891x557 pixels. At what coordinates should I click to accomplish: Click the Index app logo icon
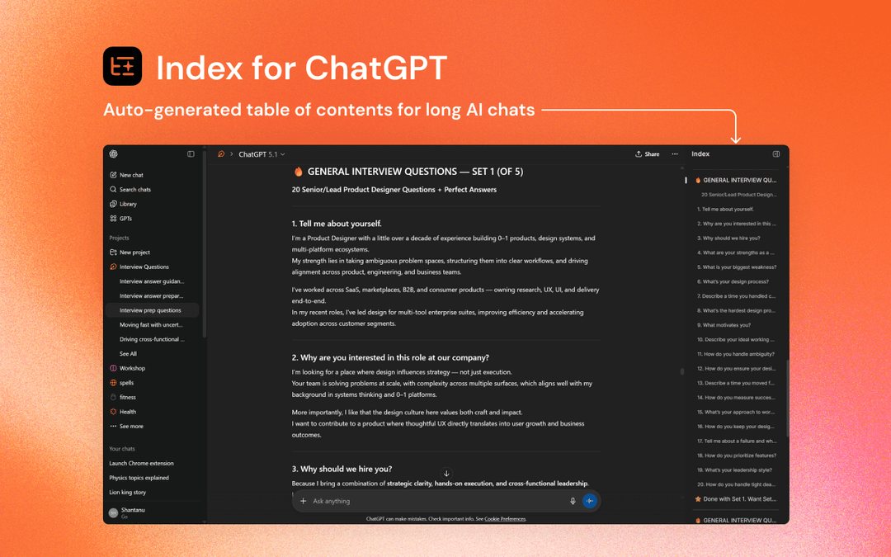coord(122,66)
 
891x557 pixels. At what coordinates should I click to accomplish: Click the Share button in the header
coord(648,154)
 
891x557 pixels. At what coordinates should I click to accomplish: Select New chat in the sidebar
coord(131,175)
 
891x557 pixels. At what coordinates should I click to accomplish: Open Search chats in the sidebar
coord(134,190)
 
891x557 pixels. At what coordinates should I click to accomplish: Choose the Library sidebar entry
coord(128,204)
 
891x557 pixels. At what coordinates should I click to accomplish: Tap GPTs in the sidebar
coord(125,219)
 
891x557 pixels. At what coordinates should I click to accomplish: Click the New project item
coord(134,253)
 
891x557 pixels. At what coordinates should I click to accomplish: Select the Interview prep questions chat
coord(150,310)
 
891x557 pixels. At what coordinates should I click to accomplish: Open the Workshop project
coord(132,368)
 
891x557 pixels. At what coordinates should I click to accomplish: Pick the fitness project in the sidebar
coord(127,397)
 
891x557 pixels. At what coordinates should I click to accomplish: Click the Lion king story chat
coord(128,493)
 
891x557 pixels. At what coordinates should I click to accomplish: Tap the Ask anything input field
coord(429,501)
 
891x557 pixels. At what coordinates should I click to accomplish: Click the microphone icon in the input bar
coord(573,501)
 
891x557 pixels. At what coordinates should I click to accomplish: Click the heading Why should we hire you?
coord(342,469)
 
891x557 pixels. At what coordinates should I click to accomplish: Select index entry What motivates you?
coord(724,325)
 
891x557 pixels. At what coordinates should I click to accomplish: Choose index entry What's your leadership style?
coord(734,470)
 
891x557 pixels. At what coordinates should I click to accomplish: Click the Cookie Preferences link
coord(505,519)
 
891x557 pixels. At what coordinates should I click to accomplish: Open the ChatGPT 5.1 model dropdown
coord(262,154)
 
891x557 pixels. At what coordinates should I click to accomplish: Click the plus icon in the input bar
coord(304,501)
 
